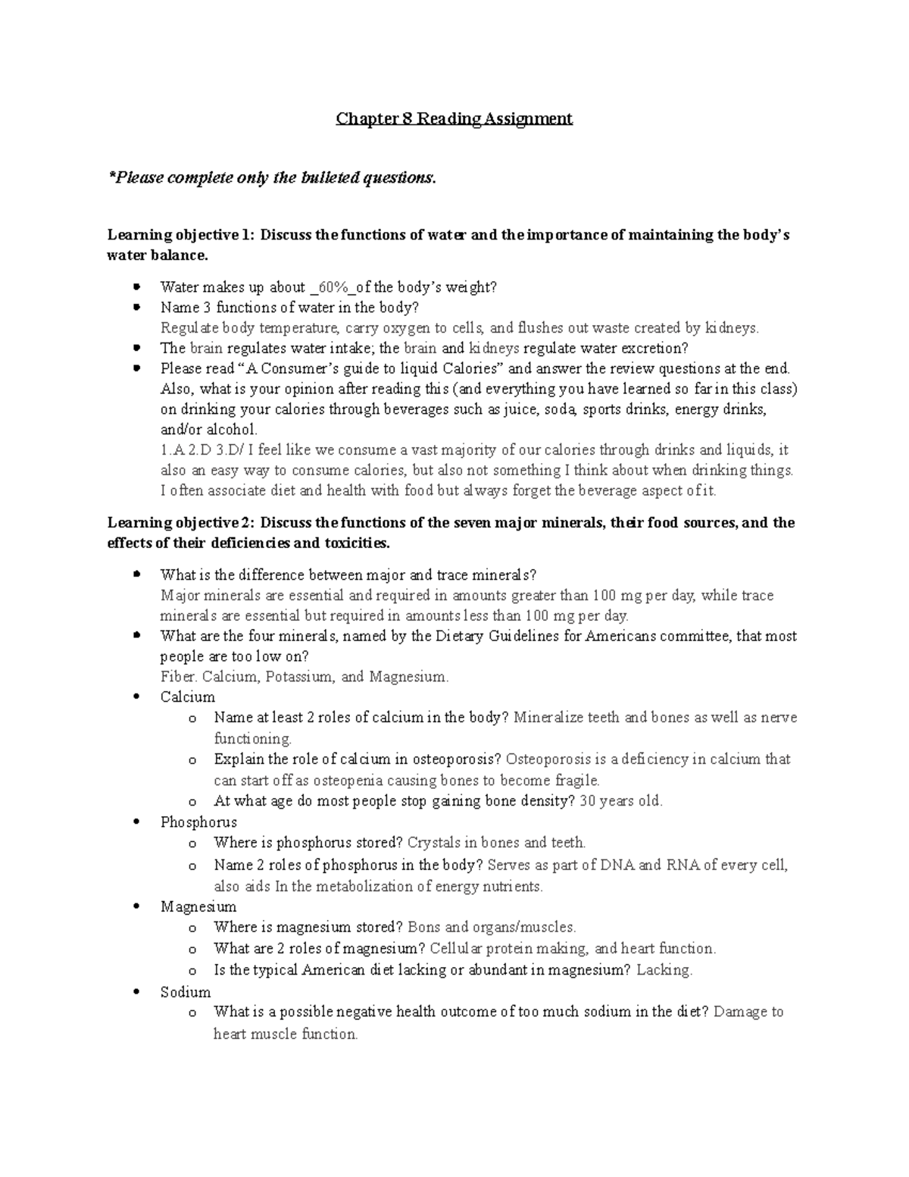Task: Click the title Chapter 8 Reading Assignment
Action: [x=454, y=119]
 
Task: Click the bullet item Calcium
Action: [x=187, y=697]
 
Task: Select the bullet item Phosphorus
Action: [x=198, y=822]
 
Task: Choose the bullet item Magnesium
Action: [x=198, y=907]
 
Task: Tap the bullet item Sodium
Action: [x=186, y=992]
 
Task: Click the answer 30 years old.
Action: [x=620, y=801]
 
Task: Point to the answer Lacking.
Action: [x=664, y=970]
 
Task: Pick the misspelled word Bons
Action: [x=424, y=927]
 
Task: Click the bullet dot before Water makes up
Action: [x=136, y=287]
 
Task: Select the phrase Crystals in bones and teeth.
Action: [x=496, y=843]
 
